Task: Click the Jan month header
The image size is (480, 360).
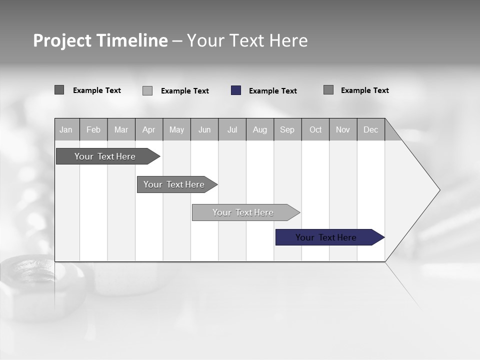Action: (66, 129)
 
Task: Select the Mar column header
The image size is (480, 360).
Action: (121, 129)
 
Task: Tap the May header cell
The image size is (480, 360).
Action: (176, 129)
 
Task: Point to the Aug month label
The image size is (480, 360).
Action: (259, 129)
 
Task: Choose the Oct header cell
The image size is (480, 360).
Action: (315, 129)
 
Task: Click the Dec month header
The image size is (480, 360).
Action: (370, 129)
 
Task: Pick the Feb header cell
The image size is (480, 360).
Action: (93, 129)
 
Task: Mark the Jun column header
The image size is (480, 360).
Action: (204, 129)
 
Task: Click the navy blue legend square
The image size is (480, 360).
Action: (236, 90)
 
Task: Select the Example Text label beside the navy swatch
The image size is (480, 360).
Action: (272, 91)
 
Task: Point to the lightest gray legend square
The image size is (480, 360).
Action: (147, 90)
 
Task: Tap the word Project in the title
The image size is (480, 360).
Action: (62, 40)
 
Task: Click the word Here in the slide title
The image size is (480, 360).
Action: (288, 40)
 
